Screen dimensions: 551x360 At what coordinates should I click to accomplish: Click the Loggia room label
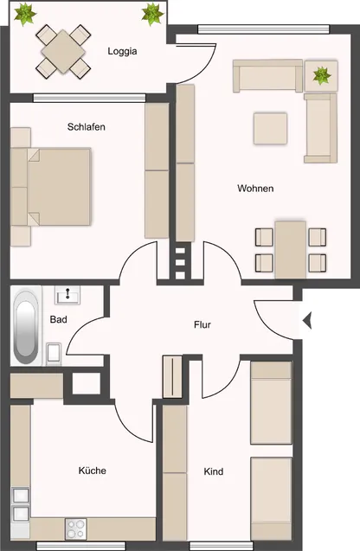(123, 51)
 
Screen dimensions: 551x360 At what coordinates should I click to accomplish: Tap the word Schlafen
(87, 127)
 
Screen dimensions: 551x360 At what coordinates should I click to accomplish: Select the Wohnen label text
(255, 189)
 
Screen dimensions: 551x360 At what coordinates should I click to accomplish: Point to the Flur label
(202, 325)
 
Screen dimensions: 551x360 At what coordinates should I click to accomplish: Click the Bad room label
(59, 319)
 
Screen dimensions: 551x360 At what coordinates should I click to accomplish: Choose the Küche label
(93, 471)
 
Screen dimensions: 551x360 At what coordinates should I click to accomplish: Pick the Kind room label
(214, 471)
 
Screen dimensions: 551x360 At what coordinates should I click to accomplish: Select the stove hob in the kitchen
(76, 526)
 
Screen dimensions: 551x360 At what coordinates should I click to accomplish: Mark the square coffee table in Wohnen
(270, 129)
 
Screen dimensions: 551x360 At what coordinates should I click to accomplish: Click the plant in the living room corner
(321, 75)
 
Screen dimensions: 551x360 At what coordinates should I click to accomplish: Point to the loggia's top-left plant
(25, 13)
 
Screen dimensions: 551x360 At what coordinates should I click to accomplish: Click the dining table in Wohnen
(290, 248)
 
